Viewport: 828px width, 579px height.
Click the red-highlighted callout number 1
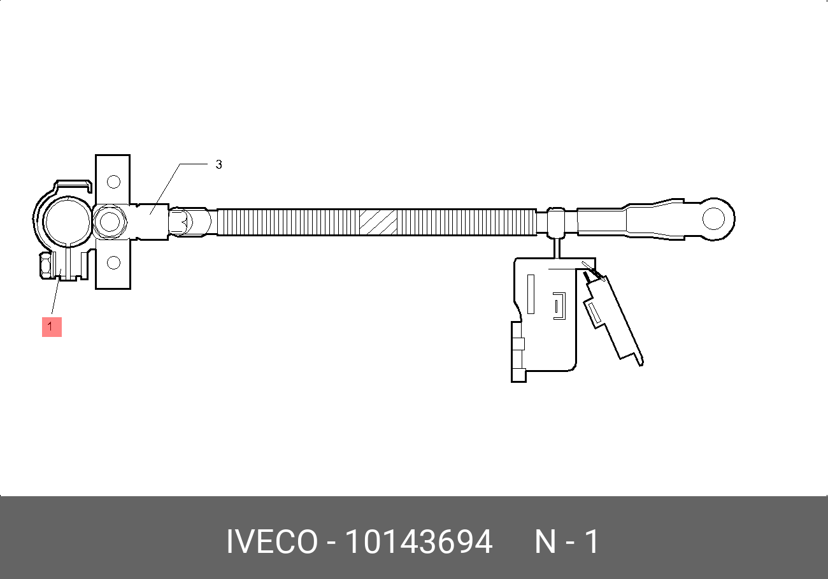(52, 327)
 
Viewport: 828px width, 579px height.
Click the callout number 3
(219, 164)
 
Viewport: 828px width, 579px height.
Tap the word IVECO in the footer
(272, 541)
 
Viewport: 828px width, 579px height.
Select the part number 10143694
(418, 541)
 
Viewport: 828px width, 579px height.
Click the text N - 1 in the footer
(567, 541)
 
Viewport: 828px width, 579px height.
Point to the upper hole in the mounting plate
(113, 182)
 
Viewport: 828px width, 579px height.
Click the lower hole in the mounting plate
(113, 262)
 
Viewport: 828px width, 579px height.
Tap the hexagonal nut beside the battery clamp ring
(110, 222)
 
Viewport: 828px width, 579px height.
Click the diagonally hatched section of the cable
(378, 222)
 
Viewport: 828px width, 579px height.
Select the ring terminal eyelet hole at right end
(713, 218)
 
